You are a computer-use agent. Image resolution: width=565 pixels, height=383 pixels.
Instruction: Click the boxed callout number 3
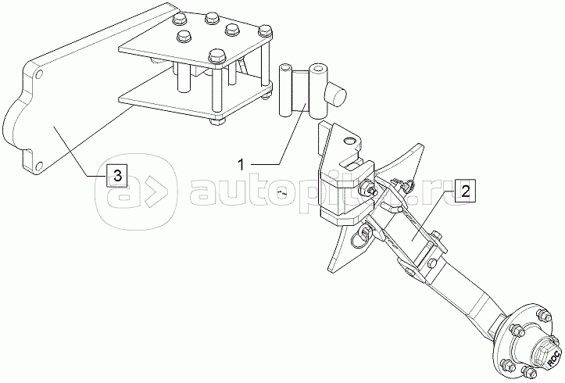point(116,176)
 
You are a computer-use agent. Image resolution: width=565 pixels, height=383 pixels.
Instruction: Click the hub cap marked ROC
point(552,358)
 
